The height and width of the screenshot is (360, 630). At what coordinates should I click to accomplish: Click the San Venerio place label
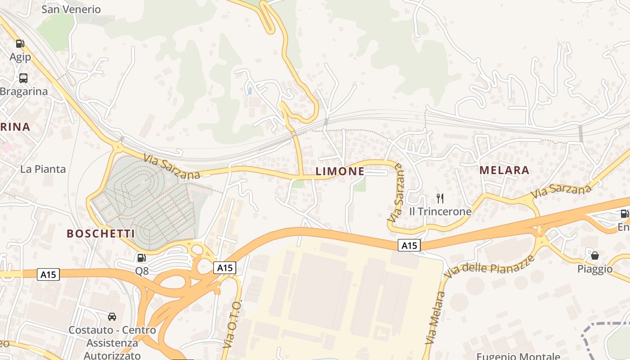coord(71,9)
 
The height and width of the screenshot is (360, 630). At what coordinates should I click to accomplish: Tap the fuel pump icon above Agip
coord(20,44)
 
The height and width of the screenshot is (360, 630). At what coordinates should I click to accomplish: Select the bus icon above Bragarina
coord(23,78)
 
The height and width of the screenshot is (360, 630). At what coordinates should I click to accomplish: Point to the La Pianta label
coord(43,169)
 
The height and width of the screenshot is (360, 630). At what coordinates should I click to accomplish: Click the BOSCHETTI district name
coord(101,234)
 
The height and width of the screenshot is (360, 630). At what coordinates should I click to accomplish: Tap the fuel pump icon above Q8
coord(142,258)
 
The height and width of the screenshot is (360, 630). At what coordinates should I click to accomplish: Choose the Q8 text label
coord(142,271)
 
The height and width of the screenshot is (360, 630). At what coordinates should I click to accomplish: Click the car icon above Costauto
coord(112,316)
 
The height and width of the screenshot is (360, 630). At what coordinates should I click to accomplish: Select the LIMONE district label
coord(340,171)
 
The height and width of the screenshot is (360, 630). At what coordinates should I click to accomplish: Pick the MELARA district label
coord(504,170)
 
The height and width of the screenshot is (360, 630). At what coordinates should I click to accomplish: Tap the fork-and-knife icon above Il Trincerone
coord(440,198)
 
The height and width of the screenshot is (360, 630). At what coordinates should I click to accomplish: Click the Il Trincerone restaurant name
coord(440,211)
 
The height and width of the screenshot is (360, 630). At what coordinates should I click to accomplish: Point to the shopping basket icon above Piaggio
coord(595,256)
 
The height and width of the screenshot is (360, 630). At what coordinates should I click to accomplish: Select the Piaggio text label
coord(595,269)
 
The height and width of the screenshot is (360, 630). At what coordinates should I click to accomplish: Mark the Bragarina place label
coord(23,91)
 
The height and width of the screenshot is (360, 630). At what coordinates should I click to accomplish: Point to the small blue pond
coord(250,91)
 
